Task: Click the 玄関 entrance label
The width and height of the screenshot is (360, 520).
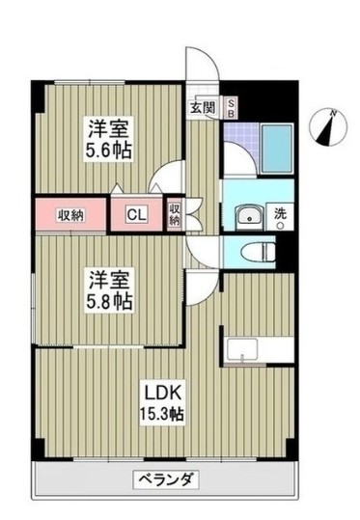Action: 203,107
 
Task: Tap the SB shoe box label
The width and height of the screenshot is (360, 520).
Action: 231,107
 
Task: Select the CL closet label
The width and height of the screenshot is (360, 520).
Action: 139,215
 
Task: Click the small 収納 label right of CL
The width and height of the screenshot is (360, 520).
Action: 175,214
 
